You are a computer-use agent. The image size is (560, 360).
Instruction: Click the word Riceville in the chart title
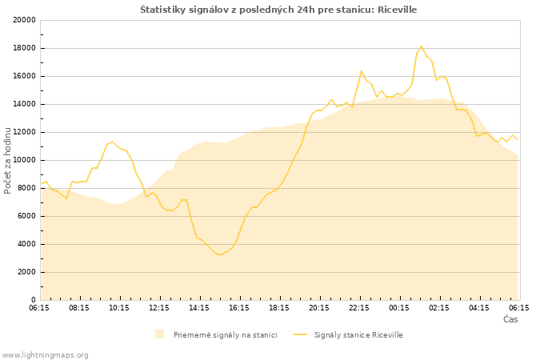coord(397,10)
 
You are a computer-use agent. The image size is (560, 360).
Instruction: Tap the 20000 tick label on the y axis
coord(25,20)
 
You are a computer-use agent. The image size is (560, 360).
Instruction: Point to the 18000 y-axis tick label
coord(25,48)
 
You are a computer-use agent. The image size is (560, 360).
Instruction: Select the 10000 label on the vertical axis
coord(25,160)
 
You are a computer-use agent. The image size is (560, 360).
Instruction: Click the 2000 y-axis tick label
coord(26,272)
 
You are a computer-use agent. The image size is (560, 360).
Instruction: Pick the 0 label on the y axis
coord(34,300)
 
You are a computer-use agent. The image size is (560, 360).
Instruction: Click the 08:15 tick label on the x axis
coord(79,308)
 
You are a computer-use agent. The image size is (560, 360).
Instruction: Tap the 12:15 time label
coord(159,308)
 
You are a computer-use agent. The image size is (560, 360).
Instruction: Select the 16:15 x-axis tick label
coord(239,308)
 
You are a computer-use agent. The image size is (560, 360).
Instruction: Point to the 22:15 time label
coord(359,308)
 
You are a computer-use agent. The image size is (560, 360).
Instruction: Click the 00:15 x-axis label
coord(399,308)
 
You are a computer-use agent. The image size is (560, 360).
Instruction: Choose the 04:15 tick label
coord(479,308)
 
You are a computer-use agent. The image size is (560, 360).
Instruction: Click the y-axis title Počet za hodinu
coord(7,160)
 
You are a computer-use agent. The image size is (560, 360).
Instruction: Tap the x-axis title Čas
coord(510,319)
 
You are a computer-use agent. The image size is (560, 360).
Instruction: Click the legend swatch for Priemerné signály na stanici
coord(160,334)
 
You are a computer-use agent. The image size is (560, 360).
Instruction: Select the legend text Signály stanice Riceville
coord(358,335)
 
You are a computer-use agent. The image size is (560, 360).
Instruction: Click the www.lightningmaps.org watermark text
coord(44,355)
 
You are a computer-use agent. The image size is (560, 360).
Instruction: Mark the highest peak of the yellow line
coord(422,46)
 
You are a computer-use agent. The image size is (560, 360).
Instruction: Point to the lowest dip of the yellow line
coord(219,254)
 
